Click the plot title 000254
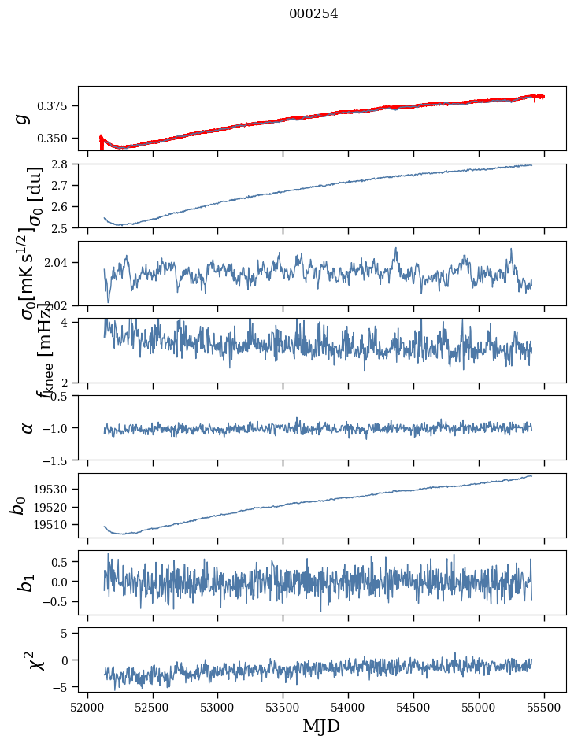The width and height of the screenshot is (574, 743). click(x=313, y=14)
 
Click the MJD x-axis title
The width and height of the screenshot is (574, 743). click(x=321, y=726)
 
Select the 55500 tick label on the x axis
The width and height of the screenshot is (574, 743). click(x=545, y=707)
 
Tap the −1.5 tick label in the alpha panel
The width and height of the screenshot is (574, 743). click(x=57, y=460)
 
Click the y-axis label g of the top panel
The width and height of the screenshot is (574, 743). click(x=24, y=118)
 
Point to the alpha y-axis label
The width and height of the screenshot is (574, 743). click(x=27, y=427)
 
